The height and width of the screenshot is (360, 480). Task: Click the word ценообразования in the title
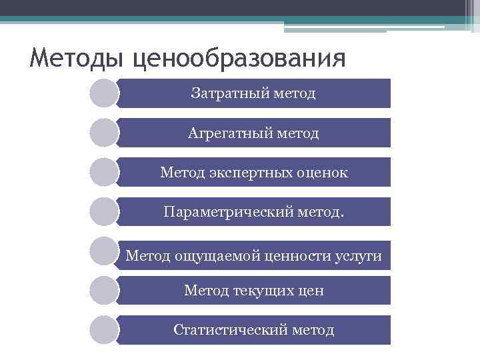point(239,58)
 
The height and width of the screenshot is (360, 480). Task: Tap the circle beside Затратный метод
point(103,93)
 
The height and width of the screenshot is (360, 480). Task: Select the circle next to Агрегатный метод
point(103,133)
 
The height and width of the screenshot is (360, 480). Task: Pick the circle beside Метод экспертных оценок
point(103,172)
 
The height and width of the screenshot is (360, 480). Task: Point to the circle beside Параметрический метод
point(103,211)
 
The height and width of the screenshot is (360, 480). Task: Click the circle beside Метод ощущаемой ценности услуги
point(103,251)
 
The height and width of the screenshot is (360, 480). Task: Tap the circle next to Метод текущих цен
point(103,291)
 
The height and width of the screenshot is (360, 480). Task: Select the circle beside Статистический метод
point(103,330)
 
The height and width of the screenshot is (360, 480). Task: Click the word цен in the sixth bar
point(310,291)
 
